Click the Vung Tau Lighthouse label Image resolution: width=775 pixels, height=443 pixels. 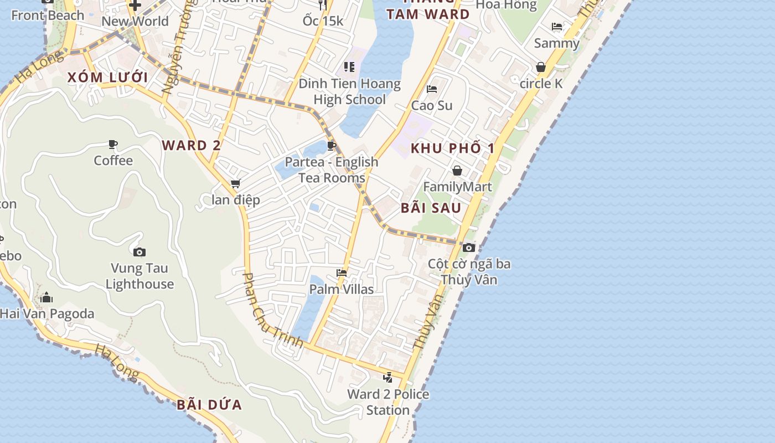click(139, 276)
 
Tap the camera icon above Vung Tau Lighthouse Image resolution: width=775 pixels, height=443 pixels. click(139, 253)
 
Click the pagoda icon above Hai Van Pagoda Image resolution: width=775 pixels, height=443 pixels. click(46, 298)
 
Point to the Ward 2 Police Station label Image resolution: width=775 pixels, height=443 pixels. click(388, 402)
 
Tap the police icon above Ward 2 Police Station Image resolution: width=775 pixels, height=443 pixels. click(388, 378)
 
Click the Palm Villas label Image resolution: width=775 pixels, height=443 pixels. click(342, 289)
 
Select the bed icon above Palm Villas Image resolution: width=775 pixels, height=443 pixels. click(342, 273)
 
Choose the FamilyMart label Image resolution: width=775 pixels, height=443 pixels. click(457, 187)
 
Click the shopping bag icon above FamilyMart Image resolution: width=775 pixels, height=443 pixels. click(457, 171)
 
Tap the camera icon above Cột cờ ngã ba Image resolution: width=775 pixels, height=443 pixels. click(469, 248)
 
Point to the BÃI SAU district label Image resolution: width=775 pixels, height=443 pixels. click(431, 208)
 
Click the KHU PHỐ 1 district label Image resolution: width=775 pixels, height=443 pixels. click(452, 148)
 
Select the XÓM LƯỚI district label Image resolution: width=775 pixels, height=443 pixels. click(108, 78)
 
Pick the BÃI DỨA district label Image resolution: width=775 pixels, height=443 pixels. click(209, 405)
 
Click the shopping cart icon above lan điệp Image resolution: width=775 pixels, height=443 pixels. click(236, 183)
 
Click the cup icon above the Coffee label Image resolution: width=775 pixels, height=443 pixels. click(113, 145)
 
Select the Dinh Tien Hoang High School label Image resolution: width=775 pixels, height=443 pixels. click(349, 92)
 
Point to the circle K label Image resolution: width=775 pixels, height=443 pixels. click(541, 84)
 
